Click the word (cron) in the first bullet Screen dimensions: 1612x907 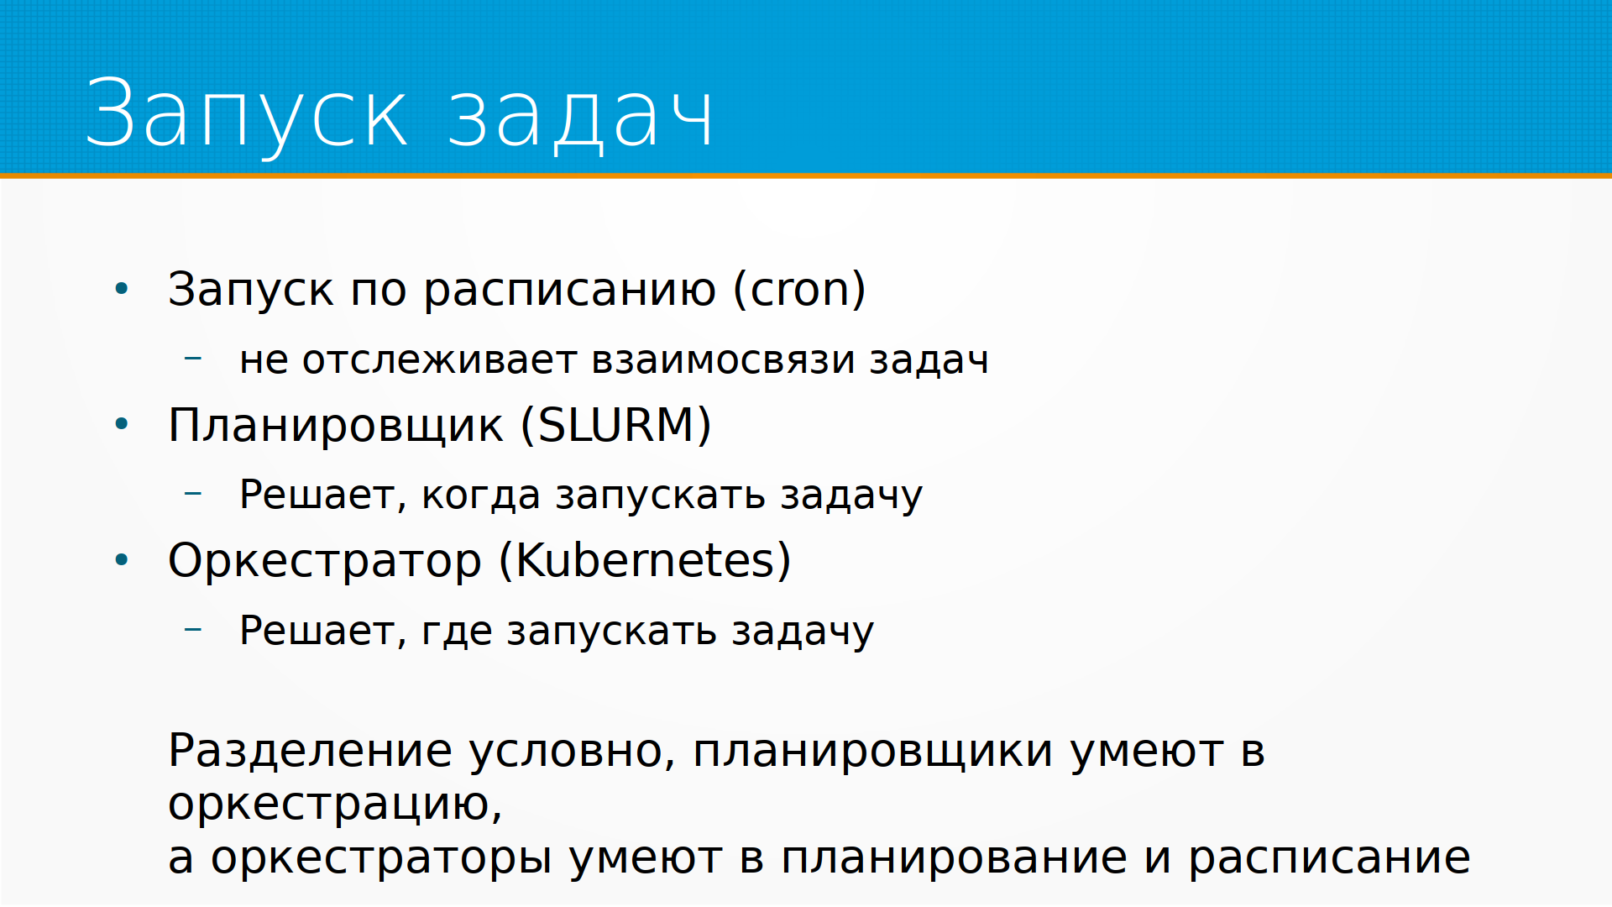pyautogui.click(x=799, y=290)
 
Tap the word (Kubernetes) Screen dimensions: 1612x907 pyautogui.click(x=645, y=560)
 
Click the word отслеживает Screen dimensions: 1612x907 pyautogui.click(x=439, y=360)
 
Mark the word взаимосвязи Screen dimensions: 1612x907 pyautogui.click(x=724, y=360)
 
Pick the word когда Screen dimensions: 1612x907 pyautogui.click(x=481, y=495)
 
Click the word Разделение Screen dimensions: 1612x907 pyautogui.click(x=311, y=751)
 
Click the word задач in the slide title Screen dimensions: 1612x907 pyautogui.click(x=580, y=116)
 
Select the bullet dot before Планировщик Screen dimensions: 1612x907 pyautogui.click(x=122, y=424)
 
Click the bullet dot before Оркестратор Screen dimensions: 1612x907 pyautogui.click(x=122, y=559)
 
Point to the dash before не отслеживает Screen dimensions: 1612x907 pyautogui.click(x=193, y=359)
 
